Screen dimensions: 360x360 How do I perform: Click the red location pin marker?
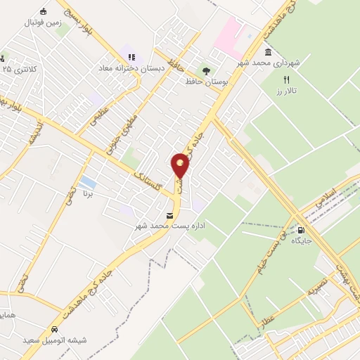(181, 167)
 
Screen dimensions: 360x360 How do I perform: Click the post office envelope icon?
(169, 216)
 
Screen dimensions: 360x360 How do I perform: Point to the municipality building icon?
(268, 52)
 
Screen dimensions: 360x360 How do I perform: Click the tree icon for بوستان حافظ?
(205, 70)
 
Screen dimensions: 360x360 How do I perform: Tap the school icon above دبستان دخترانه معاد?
(129, 57)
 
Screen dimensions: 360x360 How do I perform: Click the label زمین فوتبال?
(44, 22)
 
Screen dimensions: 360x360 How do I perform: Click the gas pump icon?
(302, 229)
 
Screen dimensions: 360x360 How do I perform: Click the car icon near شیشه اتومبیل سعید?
(54, 329)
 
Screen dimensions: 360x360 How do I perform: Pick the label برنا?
(89, 192)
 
